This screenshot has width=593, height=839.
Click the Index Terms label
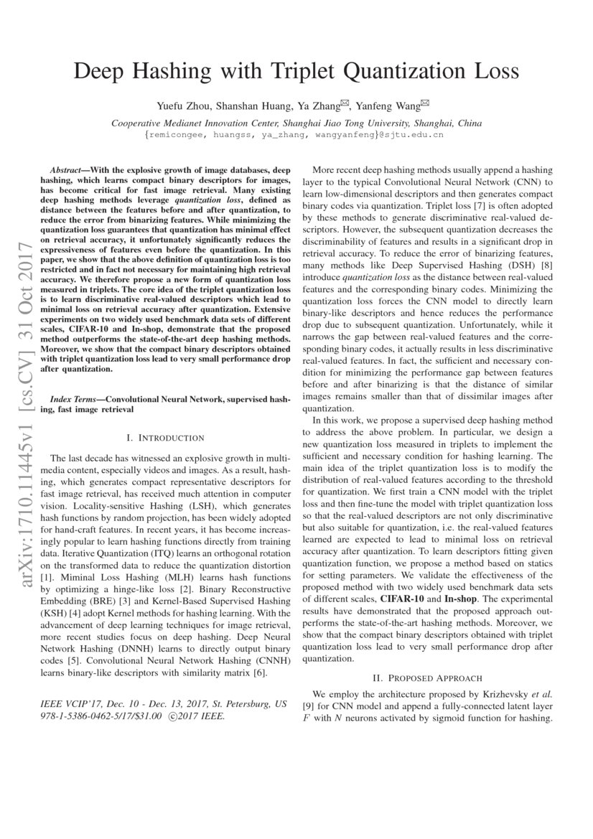tap(77, 398)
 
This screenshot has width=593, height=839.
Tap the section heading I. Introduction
tap(165, 438)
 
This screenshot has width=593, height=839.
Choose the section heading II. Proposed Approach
tap(427, 678)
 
